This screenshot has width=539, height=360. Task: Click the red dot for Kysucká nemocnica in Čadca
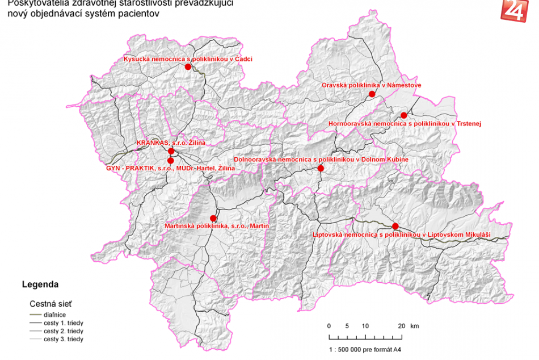(188, 66)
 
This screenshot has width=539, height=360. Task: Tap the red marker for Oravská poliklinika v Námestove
(372, 94)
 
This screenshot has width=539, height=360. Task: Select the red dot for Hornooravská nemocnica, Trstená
(403, 115)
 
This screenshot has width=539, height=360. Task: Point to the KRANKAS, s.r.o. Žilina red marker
(171, 151)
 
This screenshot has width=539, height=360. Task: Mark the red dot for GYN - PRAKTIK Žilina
(171, 161)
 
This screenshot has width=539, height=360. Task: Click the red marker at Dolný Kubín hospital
(321, 168)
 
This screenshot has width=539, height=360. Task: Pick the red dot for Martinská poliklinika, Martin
(213, 218)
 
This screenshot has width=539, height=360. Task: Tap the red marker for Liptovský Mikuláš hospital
(395, 226)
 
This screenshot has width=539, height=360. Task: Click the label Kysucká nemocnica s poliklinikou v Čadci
(188, 58)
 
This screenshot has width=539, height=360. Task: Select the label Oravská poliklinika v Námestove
(371, 85)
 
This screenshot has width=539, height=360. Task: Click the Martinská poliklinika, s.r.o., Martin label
(216, 226)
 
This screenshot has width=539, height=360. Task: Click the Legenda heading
(40, 284)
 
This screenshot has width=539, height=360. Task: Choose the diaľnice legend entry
(56, 314)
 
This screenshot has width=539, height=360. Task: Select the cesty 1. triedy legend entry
(63, 323)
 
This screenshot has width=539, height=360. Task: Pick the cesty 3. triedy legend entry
(63, 339)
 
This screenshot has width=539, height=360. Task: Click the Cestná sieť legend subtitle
(50, 303)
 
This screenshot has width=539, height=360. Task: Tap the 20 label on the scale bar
(401, 326)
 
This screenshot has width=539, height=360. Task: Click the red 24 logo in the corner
(513, 10)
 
